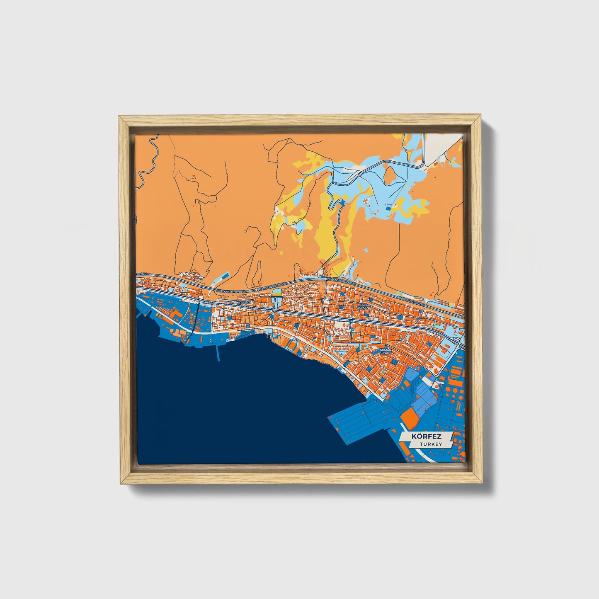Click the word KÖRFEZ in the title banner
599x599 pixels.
point(426,437)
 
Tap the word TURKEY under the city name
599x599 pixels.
point(430,444)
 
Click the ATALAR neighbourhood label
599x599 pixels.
point(244,303)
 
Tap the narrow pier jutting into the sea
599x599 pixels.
point(218,352)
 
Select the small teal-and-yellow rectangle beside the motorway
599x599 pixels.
point(276,293)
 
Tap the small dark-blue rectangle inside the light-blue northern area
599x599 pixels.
point(388,209)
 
